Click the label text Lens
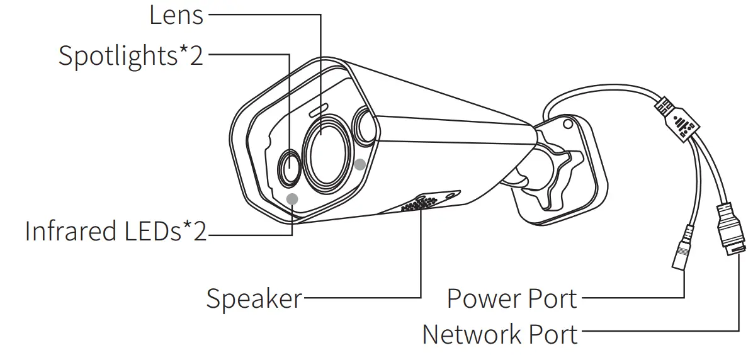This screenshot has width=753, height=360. click(176, 15)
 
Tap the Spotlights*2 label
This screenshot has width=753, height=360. click(131, 55)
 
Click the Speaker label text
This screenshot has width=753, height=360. click(254, 298)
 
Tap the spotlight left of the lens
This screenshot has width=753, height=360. click(289, 168)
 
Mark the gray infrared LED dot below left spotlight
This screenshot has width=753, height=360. click(292, 199)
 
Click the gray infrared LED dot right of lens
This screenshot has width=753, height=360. click(360, 164)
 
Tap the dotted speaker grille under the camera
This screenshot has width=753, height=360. click(419, 205)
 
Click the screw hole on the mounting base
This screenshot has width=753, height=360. click(568, 124)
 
